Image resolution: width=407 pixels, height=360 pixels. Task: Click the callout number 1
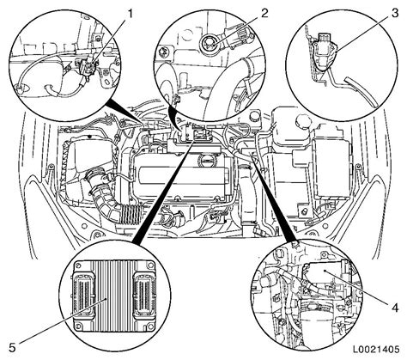(x=130, y=15)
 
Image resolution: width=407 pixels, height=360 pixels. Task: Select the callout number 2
(x=264, y=13)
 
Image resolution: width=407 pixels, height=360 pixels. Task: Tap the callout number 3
(x=395, y=13)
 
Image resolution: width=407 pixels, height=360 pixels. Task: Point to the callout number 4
(x=395, y=308)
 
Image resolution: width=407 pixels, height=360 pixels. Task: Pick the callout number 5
(x=12, y=348)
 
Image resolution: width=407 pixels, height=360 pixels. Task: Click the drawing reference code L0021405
(x=375, y=350)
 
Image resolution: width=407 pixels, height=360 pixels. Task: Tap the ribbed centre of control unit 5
(x=114, y=296)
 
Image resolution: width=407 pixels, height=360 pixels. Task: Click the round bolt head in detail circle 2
(x=208, y=44)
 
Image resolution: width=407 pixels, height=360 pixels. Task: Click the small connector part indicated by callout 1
(x=86, y=66)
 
